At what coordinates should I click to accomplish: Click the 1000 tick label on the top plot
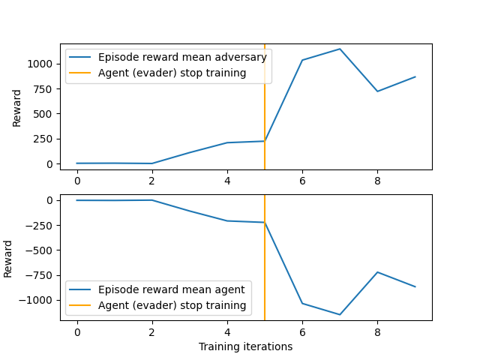click(42, 64)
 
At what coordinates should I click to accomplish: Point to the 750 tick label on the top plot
click(45, 88)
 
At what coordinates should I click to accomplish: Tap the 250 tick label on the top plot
click(45, 139)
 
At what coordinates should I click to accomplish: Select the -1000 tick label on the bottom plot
click(40, 300)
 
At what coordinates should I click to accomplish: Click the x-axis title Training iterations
click(245, 347)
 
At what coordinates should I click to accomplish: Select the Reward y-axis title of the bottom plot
click(8, 258)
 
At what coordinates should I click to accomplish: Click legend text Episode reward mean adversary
click(182, 58)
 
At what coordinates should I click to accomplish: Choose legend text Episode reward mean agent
click(172, 290)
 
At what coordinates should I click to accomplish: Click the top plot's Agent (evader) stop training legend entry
click(172, 73)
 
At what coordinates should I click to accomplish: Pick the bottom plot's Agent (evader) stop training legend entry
click(172, 305)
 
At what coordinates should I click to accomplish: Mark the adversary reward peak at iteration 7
click(340, 49)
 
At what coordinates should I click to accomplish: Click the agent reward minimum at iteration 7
click(340, 315)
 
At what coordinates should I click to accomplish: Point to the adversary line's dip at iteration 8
click(377, 91)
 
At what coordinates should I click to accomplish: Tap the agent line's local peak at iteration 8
click(377, 272)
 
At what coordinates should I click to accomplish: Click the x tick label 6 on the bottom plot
click(302, 332)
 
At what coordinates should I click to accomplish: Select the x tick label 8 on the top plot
click(377, 181)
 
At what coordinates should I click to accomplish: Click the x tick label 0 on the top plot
click(76, 181)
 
